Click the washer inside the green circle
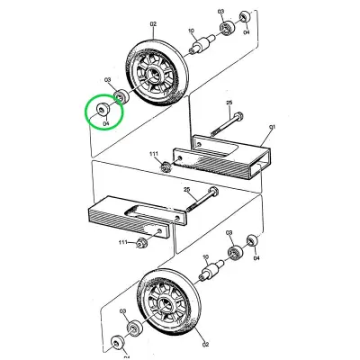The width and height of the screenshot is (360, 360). (100, 109)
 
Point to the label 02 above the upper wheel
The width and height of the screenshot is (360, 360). (153, 24)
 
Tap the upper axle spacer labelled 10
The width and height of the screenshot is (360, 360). (202, 43)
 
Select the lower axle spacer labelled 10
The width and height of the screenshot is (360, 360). (215, 268)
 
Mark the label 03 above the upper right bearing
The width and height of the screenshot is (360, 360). (220, 11)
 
